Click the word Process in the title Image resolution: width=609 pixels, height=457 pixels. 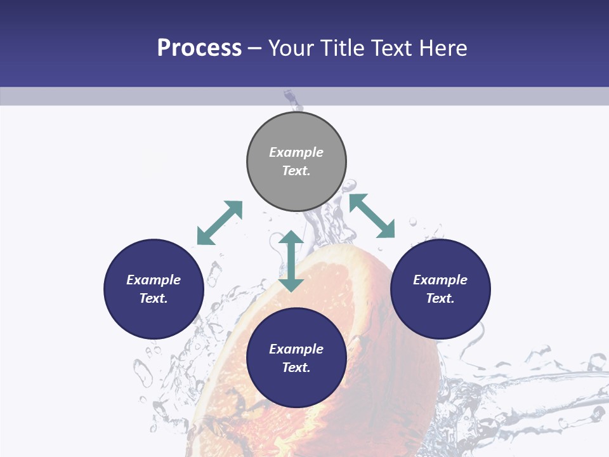tap(199, 48)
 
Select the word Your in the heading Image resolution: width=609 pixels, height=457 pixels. tap(291, 48)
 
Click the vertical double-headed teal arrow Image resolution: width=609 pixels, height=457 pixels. tap(291, 261)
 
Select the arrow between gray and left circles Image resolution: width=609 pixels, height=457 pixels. tap(219, 223)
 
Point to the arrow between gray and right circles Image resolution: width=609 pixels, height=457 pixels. tap(372, 216)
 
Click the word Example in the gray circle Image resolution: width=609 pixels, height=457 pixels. tap(296, 152)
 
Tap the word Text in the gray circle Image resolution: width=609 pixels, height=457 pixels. tap(295, 171)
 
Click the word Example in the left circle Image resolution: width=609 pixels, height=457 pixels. tap(154, 280)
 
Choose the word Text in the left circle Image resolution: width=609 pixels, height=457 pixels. tap(152, 298)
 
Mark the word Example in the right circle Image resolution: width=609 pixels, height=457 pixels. tap(440, 280)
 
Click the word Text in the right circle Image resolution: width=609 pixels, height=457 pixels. tap(439, 298)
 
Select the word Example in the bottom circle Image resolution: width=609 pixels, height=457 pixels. tap(296, 349)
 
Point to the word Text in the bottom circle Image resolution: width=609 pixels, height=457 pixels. tap(295, 368)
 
